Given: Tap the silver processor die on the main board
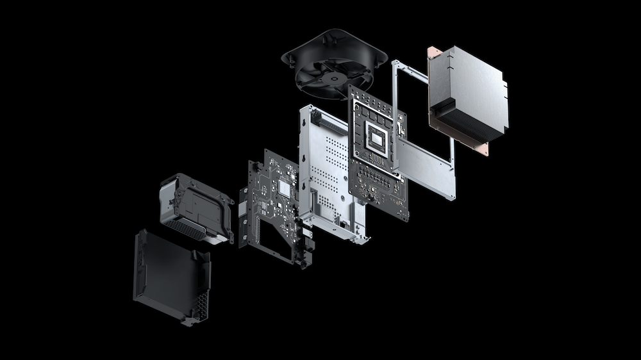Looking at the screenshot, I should click(378, 136).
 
